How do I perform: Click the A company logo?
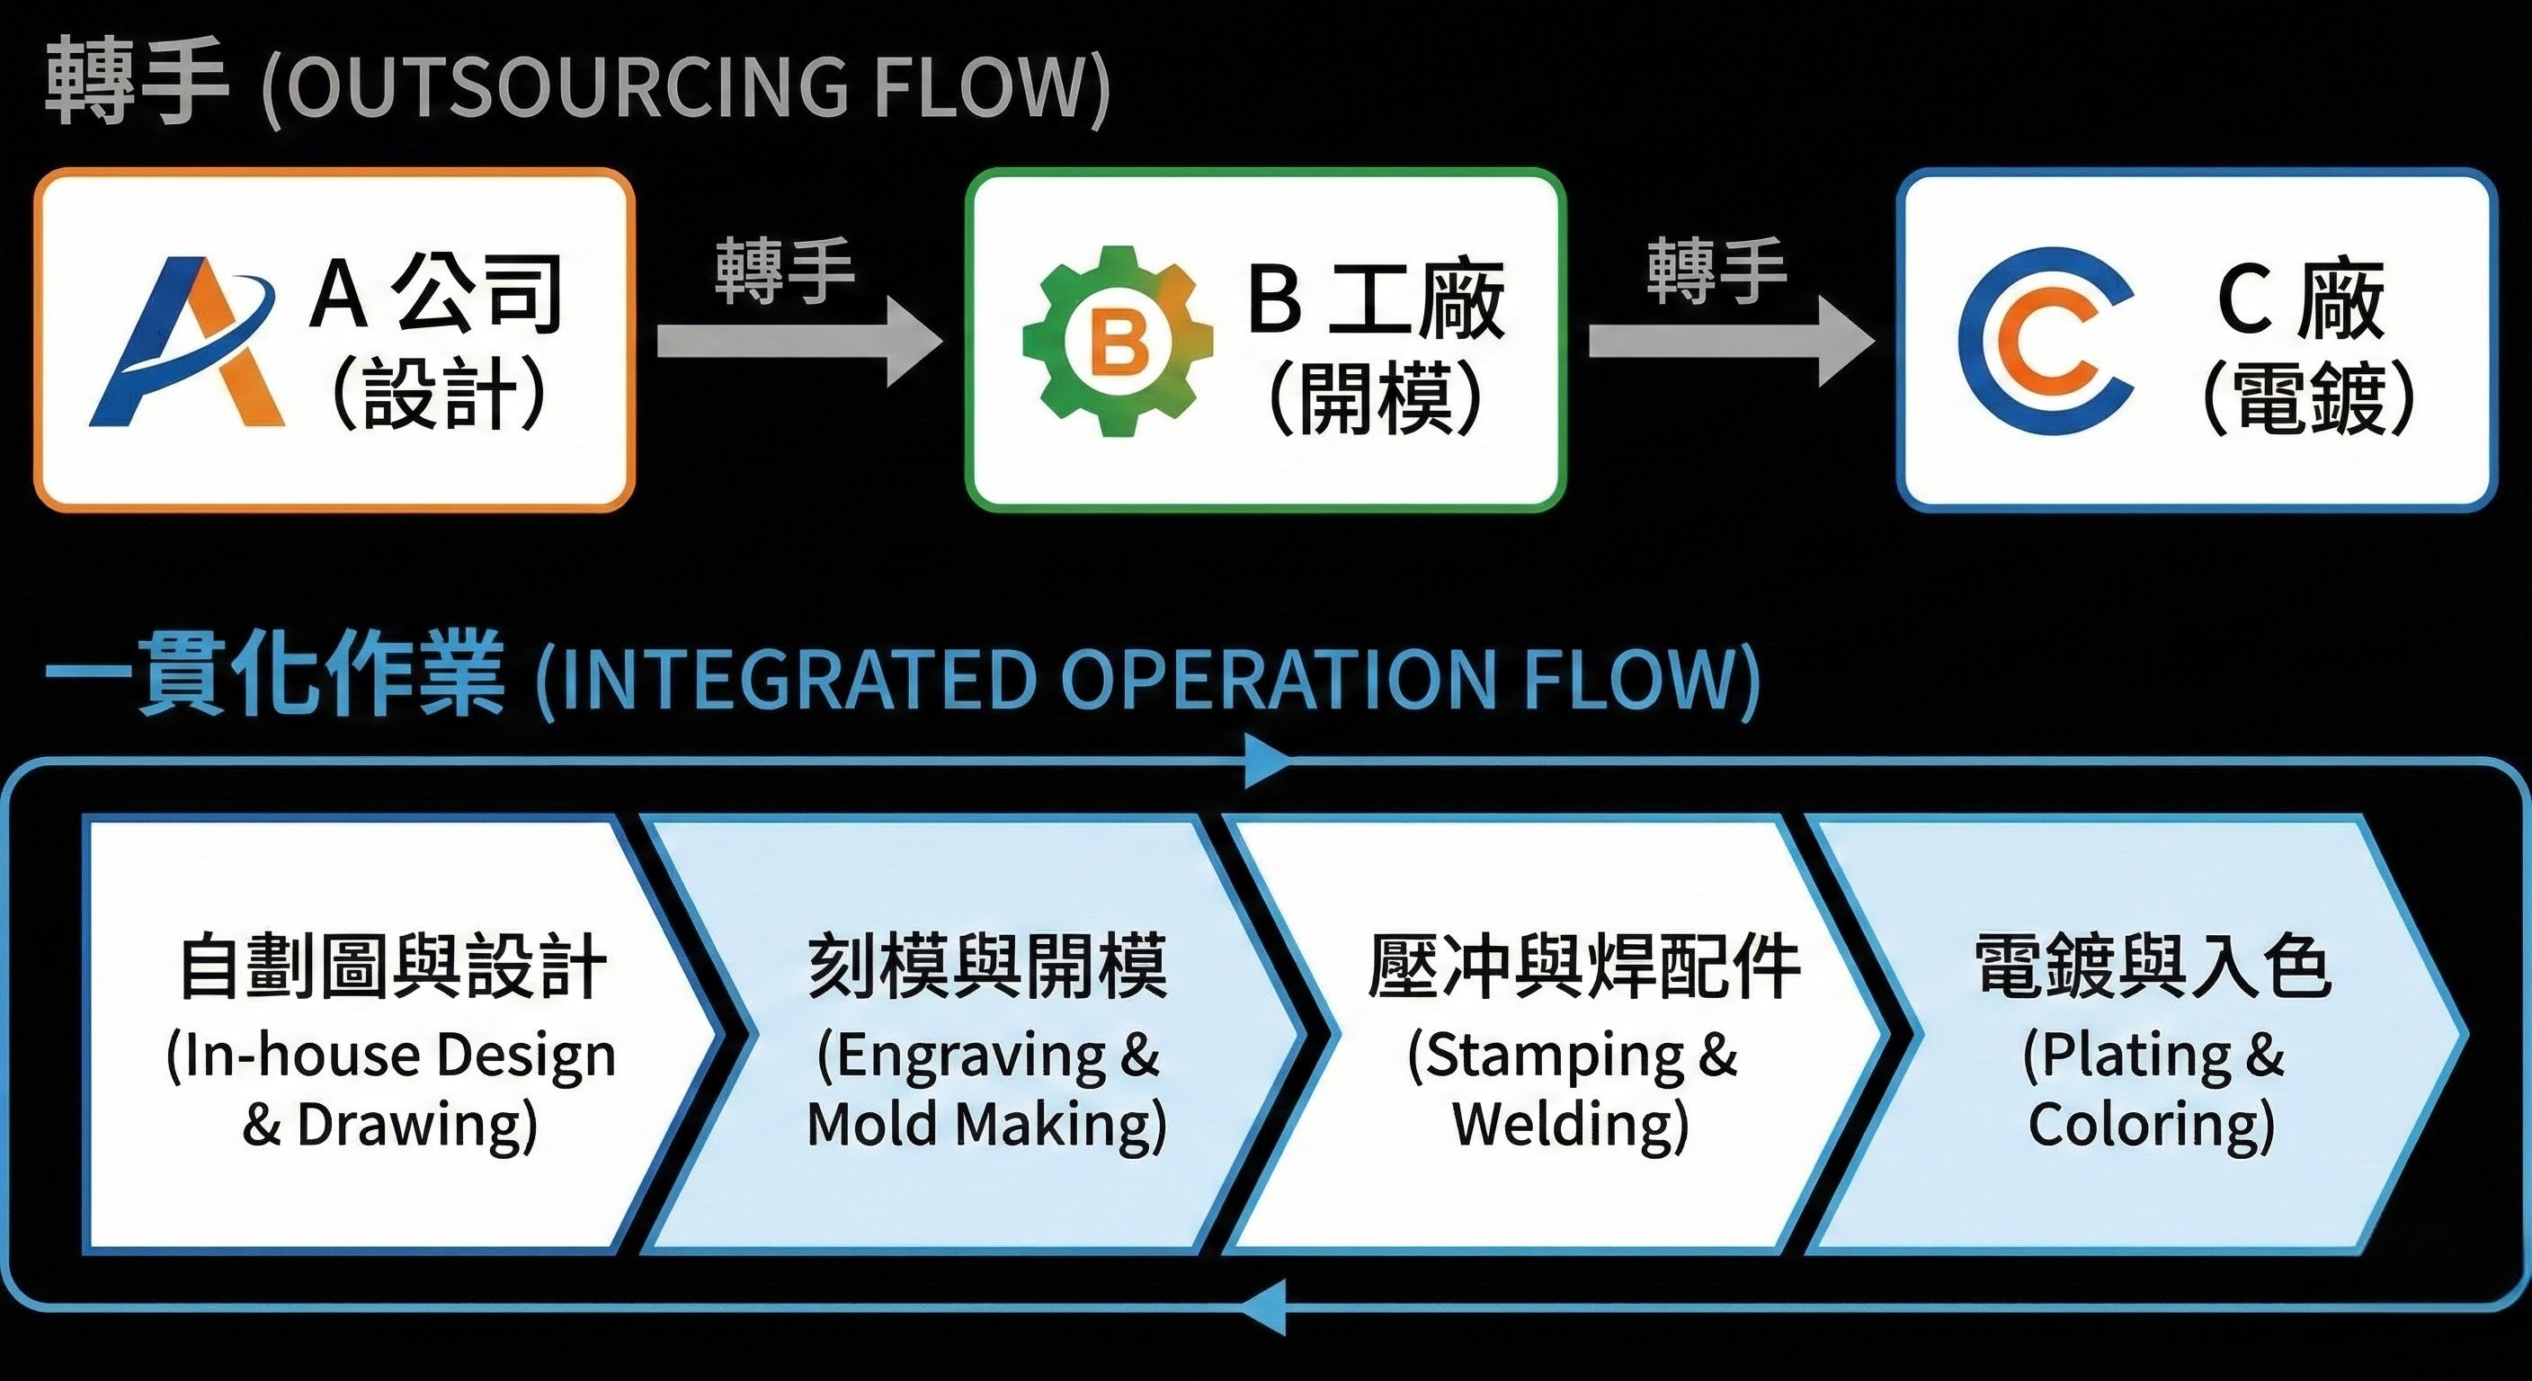click(x=187, y=342)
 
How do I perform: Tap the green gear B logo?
click(x=1118, y=341)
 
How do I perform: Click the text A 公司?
click(x=436, y=293)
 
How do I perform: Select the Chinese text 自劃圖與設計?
click(x=392, y=967)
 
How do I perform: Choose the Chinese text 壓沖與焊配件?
click(x=1583, y=967)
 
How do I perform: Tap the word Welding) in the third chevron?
click(x=1571, y=1124)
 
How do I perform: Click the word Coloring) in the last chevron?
click(x=2152, y=1124)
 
